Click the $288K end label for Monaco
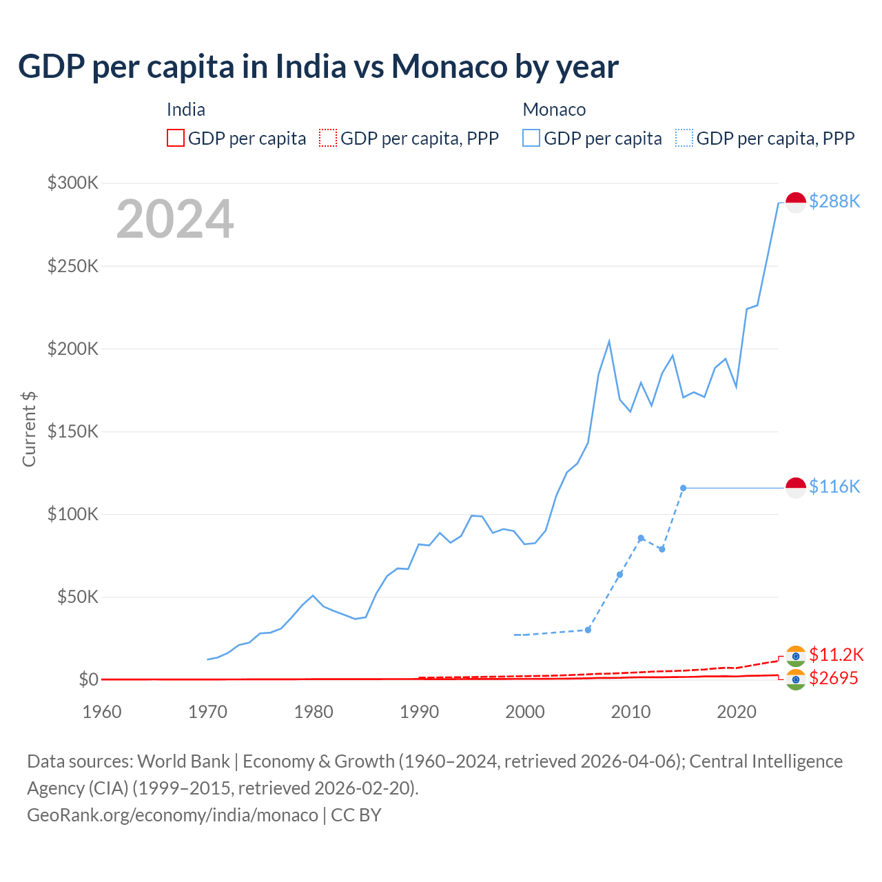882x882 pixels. [834, 201]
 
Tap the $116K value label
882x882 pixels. [834, 486]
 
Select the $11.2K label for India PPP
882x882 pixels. [836, 654]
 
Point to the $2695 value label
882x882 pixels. [833, 678]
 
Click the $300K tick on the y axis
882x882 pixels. [73, 183]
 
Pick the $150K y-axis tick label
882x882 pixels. [73, 431]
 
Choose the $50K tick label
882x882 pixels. [77, 597]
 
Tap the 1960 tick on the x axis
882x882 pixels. [102, 712]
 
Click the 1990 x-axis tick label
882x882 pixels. [419, 712]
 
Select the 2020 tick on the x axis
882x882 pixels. [737, 712]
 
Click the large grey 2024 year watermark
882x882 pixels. [175, 219]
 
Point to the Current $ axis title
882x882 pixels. [29, 429]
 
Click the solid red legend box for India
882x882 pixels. [176, 138]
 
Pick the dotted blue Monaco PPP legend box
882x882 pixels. [684, 138]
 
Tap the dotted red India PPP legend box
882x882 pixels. [328, 138]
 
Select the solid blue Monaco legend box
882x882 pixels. [531, 138]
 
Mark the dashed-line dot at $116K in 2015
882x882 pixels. [683, 488]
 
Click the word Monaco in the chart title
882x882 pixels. [449, 66]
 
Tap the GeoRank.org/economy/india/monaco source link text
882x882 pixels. [172, 814]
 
